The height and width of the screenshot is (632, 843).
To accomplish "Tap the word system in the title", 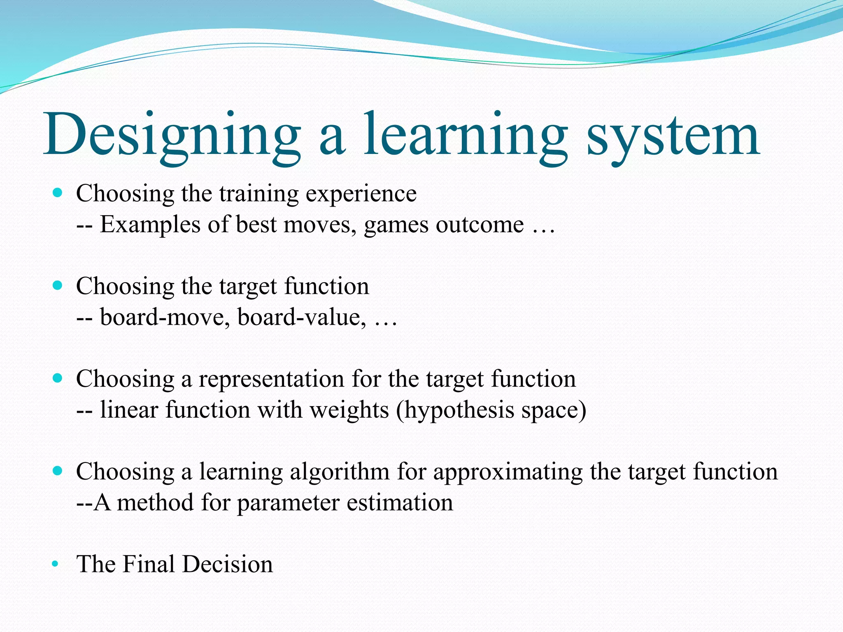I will pyautogui.click(x=673, y=136).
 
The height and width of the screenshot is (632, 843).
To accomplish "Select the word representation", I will pyautogui.click(x=271, y=379).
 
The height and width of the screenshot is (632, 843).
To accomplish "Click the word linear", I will pyautogui.click(x=129, y=410).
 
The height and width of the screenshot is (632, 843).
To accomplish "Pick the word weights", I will pyautogui.click(x=349, y=410).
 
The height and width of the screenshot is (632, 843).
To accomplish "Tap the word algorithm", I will pyautogui.click(x=340, y=472).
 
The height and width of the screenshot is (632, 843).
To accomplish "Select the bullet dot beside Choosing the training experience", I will pyautogui.click(x=58, y=193).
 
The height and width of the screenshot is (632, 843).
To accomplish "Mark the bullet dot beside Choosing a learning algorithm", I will pyautogui.click(x=58, y=470).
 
